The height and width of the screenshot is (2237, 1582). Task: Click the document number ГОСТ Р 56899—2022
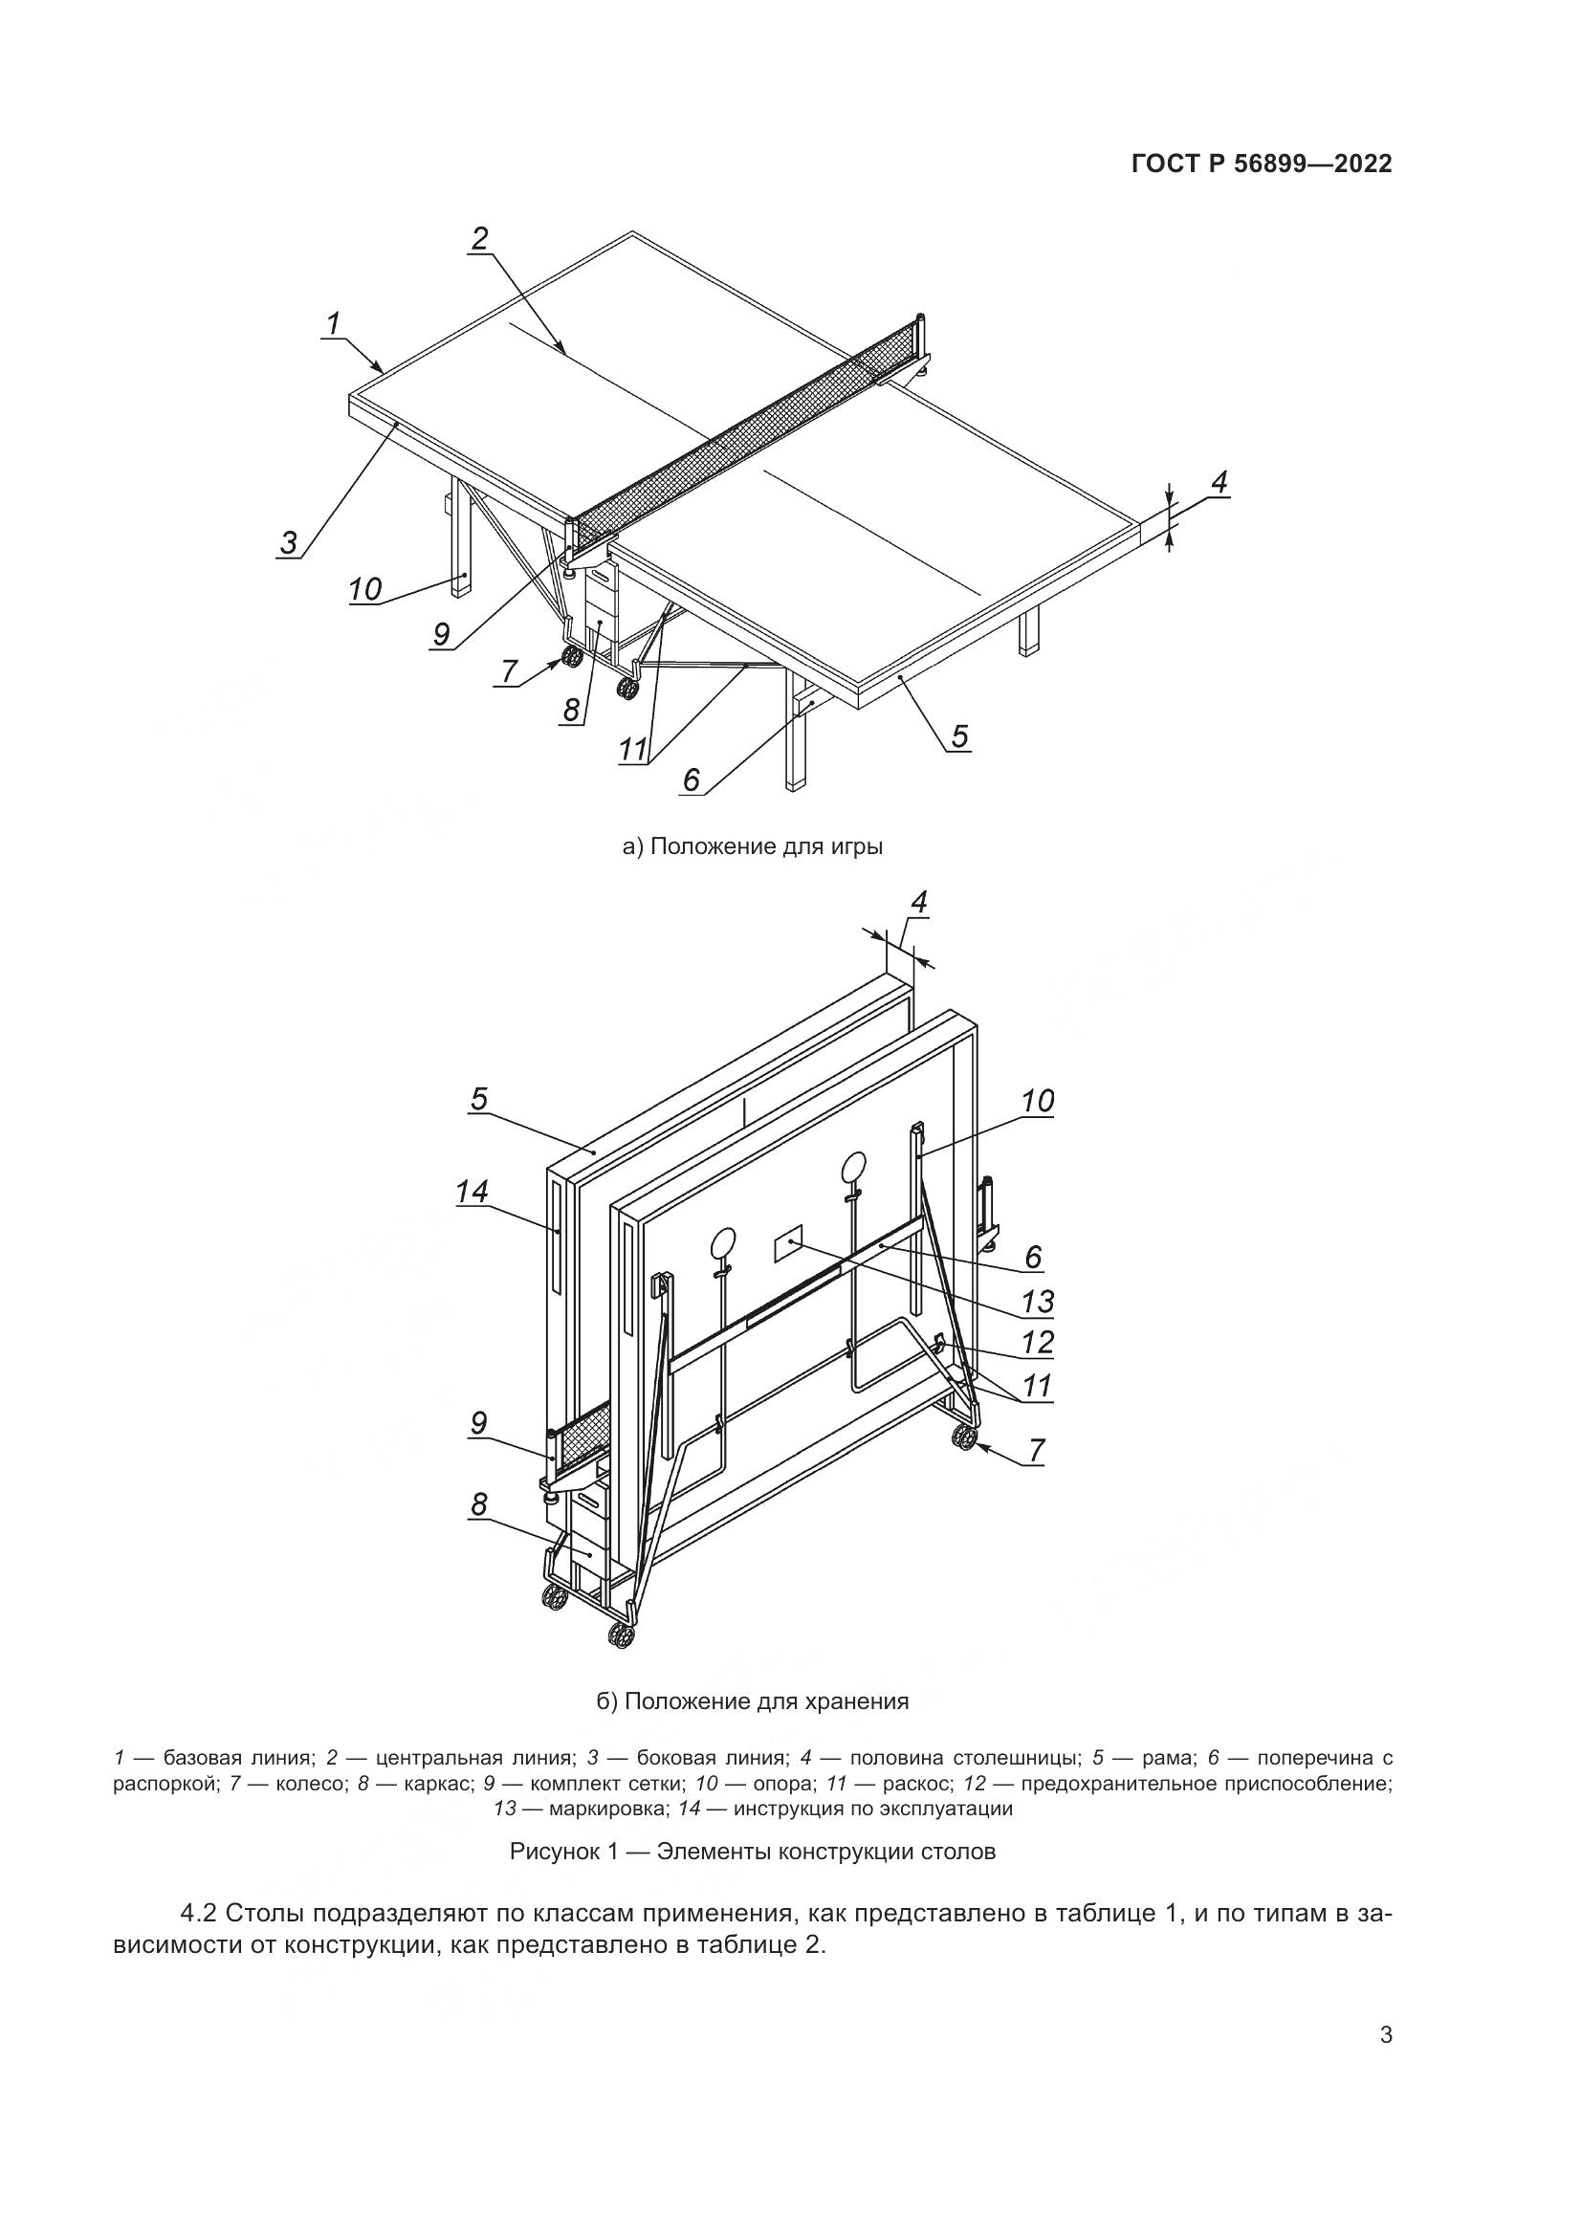coord(1261,164)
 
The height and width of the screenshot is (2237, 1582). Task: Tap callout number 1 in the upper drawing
coord(334,323)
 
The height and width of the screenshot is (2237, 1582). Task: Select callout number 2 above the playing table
coord(479,239)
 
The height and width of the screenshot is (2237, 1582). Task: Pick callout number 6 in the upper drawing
coord(691,779)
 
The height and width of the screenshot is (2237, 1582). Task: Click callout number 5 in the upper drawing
coord(959,735)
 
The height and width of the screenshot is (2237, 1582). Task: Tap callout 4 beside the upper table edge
coord(1219,481)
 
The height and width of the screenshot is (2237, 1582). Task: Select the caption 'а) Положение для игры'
coord(752,845)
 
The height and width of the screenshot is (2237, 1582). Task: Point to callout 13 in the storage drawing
coord(1038,1301)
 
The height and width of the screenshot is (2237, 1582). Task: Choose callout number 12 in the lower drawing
coord(1038,1343)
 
